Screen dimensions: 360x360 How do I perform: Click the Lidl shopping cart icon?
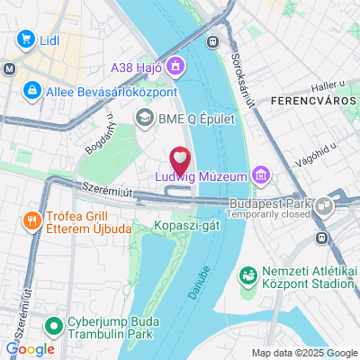click(24, 40)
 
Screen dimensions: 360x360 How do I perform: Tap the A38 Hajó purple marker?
click(175, 65)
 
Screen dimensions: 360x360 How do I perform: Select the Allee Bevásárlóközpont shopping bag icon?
click(32, 90)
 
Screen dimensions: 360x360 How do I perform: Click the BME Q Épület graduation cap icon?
click(144, 117)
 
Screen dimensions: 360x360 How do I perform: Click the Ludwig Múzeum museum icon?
click(260, 173)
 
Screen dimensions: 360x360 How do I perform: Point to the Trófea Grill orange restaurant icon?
click(31, 220)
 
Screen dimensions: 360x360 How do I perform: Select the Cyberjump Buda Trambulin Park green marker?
click(53, 324)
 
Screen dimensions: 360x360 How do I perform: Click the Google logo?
click(30, 348)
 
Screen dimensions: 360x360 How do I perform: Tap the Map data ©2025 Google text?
click(303, 353)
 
